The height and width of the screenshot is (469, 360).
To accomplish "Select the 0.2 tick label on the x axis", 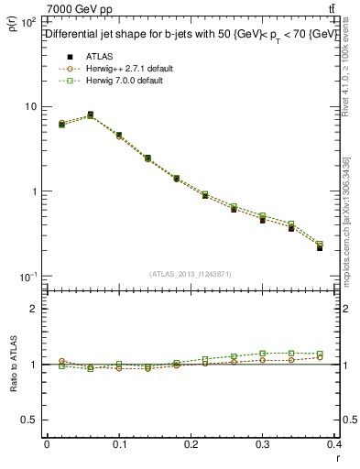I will point(191,444).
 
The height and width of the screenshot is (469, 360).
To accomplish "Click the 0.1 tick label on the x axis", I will point(119,444).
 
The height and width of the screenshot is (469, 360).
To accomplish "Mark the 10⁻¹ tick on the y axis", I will point(27,277).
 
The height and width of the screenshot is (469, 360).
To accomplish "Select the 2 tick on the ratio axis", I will point(34,309).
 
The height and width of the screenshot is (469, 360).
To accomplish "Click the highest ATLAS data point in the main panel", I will point(90,115).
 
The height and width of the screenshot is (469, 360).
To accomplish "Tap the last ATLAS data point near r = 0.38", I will point(320,247).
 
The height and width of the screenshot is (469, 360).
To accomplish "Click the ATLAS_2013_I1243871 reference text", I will point(191,274).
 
